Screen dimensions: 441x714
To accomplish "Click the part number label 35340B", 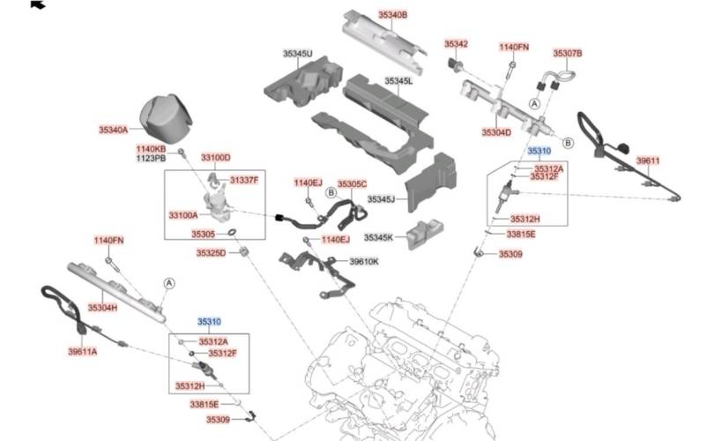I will [x=393, y=15].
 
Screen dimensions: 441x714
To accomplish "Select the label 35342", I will [x=456, y=43].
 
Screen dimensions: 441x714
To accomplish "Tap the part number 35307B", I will [x=567, y=53].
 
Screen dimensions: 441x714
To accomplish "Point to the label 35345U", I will [x=297, y=54].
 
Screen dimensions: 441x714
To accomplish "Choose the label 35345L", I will [x=398, y=81].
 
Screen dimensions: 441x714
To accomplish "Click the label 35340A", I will [x=114, y=130].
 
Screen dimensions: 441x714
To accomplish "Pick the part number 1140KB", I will [x=151, y=149].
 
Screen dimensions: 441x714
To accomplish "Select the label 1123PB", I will [x=151, y=159].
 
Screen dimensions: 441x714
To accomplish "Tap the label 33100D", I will [x=215, y=157].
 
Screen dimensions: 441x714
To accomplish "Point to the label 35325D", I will [x=211, y=253].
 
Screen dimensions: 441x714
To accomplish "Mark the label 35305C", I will [x=352, y=183].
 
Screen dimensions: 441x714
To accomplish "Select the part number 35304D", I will [x=496, y=132].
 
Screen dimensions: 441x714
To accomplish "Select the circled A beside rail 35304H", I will [x=168, y=282].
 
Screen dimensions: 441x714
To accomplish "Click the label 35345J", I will [x=381, y=199].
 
